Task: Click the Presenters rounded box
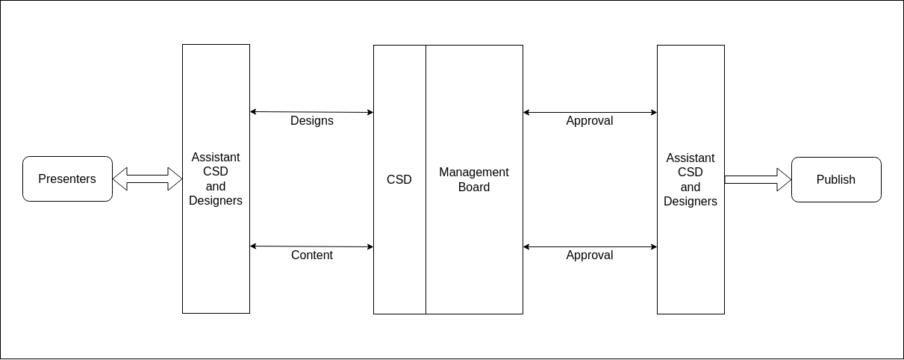pyautogui.click(x=67, y=179)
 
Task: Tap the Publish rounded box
pyautogui.click(x=836, y=179)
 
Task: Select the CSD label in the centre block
pyautogui.click(x=399, y=179)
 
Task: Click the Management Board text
pyautogui.click(x=474, y=179)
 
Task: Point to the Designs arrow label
pyautogui.click(x=312, y=121)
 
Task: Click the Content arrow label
pyautogui.click(x=312, y=255)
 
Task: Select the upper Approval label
pyautogui.click(x=590, y=121)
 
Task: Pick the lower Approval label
pyautogui.click(x=590, y=255)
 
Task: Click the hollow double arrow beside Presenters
pyautogui.click(x=148, y=179)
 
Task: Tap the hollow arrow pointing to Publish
pyautogui.click(x=758, y=179)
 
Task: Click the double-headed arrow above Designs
pyautogui.click(x=311, y=112)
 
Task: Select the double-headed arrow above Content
pyautogui.click(x=311, y=246)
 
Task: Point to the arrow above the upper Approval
pyautogui.click(x=590, y=112)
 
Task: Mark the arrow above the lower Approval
pyautogui.click(x=590, y=246)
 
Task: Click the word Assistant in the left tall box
pyautogui.click(x=216, y=157)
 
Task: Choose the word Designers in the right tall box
pyautogui.click(x=691, y=202)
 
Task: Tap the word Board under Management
pyautogui.click(x=474, y=187)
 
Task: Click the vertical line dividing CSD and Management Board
pyautogui.click(x=425, y=179)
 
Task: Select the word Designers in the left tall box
pyautogui.click(x=216, y=201)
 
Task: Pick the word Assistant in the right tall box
pyautogui.click(x=691, y=158)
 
